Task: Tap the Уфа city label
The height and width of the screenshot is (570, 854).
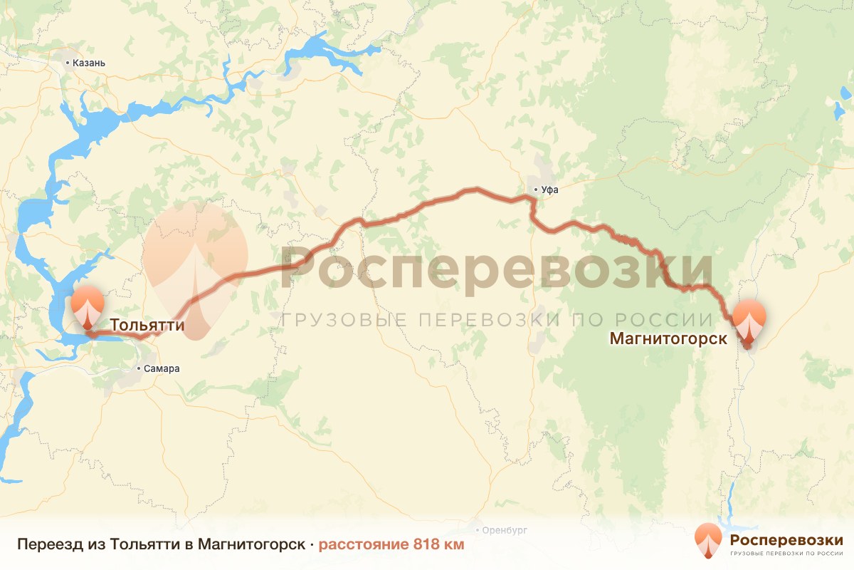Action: (x=549, y=190)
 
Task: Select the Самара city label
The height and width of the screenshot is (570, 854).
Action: (x=162, y=368)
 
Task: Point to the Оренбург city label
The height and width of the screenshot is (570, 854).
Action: (x=506, y=531)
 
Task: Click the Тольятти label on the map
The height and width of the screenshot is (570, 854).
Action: (x=147, y=326)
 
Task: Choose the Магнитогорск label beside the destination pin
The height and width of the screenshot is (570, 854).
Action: (x=668, y=338)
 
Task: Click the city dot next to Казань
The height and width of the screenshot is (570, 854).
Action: (x=68, y=63)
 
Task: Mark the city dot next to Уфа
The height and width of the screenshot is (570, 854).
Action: (x=535, y=190)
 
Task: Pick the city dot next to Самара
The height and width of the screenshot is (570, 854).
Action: (x=139, y=368)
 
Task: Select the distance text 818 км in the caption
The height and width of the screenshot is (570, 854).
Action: (x=438, y=544)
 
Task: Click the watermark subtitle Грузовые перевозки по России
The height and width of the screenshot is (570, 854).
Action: (x=496, y=320)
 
